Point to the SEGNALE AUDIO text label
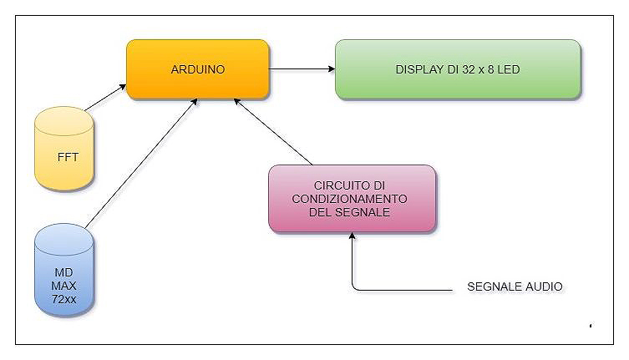click(x=515, y=286)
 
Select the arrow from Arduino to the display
click(x=302, y=69)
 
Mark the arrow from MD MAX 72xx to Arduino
click(x=142, y=163)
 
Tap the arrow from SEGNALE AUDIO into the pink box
click(x=353, y=267)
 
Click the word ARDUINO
click(x=197, y=69)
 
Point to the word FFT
click(x=68, y=157)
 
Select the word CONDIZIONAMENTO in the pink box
click(x=352, y=199)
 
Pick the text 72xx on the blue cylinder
click(x=64, y=297)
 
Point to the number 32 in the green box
click(x=468, y=69)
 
